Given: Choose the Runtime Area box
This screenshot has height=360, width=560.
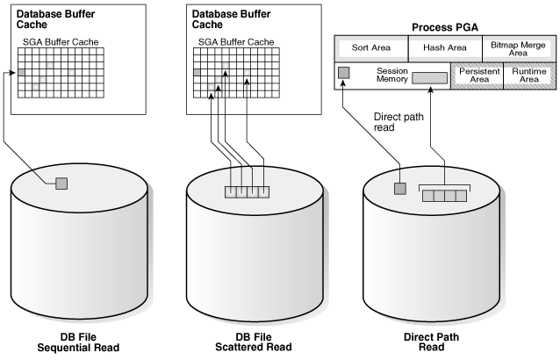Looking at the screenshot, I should coord(527,76).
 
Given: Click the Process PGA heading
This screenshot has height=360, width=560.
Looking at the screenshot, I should coord(444,28).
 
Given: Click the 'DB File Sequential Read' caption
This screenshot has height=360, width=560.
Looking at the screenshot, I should coord(77,342).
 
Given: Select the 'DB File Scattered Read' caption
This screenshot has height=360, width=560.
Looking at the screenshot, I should coord(253,342).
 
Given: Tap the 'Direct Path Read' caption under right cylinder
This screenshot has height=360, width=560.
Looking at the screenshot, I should coord(429,342).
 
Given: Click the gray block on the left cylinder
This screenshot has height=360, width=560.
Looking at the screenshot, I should coord(61,184).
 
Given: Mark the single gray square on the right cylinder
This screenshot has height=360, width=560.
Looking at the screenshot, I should coord(399,188).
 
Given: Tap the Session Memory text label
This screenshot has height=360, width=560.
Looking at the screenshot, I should coord(394,75).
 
